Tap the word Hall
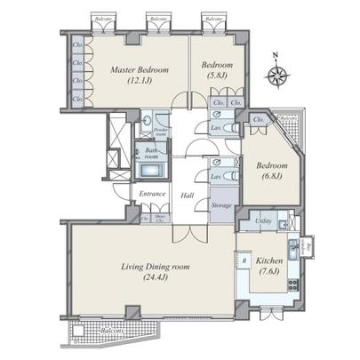pyautogui.click(x=188, y=196)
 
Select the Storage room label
pyautogui.click(x=221, y=205)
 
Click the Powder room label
pyautogui.click(x=161, y=132)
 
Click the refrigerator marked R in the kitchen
pyautogui.click(x=244, y=262)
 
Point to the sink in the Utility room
pyautogui.click(x=283, y=222)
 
